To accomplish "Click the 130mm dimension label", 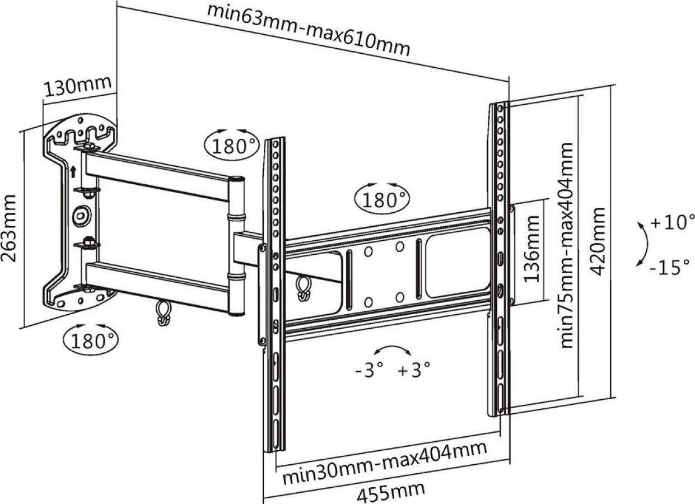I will coord(78,87).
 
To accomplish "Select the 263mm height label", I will coord(10,228).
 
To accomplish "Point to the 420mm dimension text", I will coord(599,241).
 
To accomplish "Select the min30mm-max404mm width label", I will coord(384,461).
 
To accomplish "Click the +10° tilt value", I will coord(672,222).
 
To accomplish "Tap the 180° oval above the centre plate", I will coord(383,199).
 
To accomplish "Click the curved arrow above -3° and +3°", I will coord(391,351).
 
